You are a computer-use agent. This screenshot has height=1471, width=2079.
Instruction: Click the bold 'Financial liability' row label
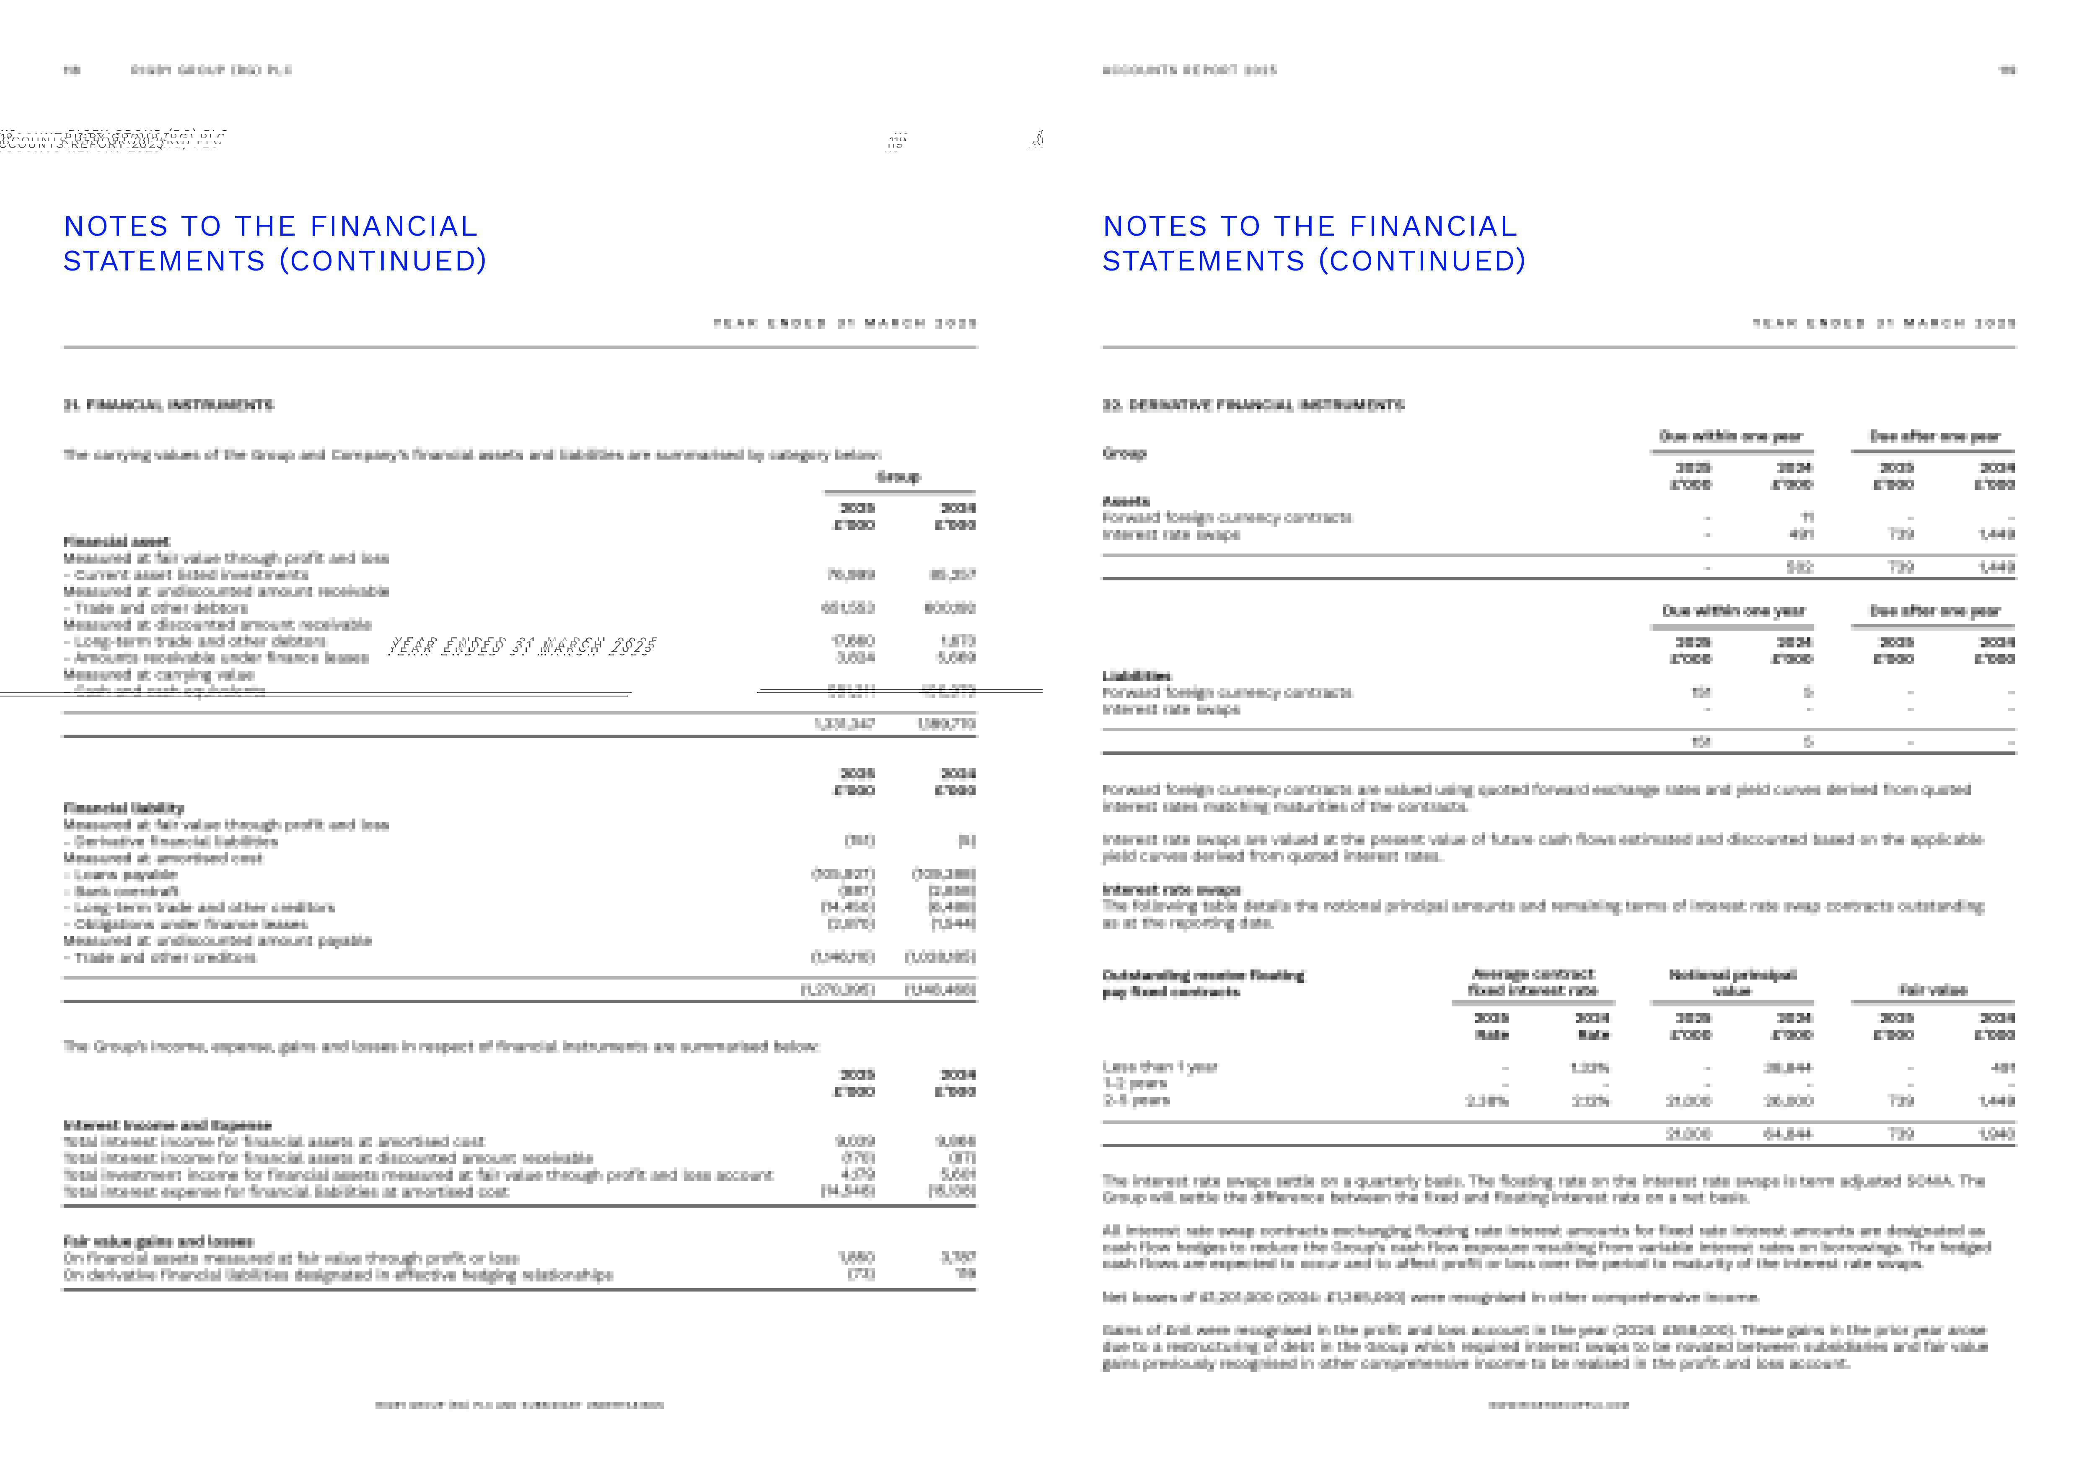click(123, 807)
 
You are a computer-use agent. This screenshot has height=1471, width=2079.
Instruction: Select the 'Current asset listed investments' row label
click(191, 574)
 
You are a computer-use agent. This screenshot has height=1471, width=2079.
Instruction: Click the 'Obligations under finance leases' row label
click(191, 924)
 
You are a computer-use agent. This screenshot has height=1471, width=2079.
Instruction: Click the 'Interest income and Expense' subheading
click(167, 1125)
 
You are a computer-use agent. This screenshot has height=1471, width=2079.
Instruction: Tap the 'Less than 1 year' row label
click(1159, 1067)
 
